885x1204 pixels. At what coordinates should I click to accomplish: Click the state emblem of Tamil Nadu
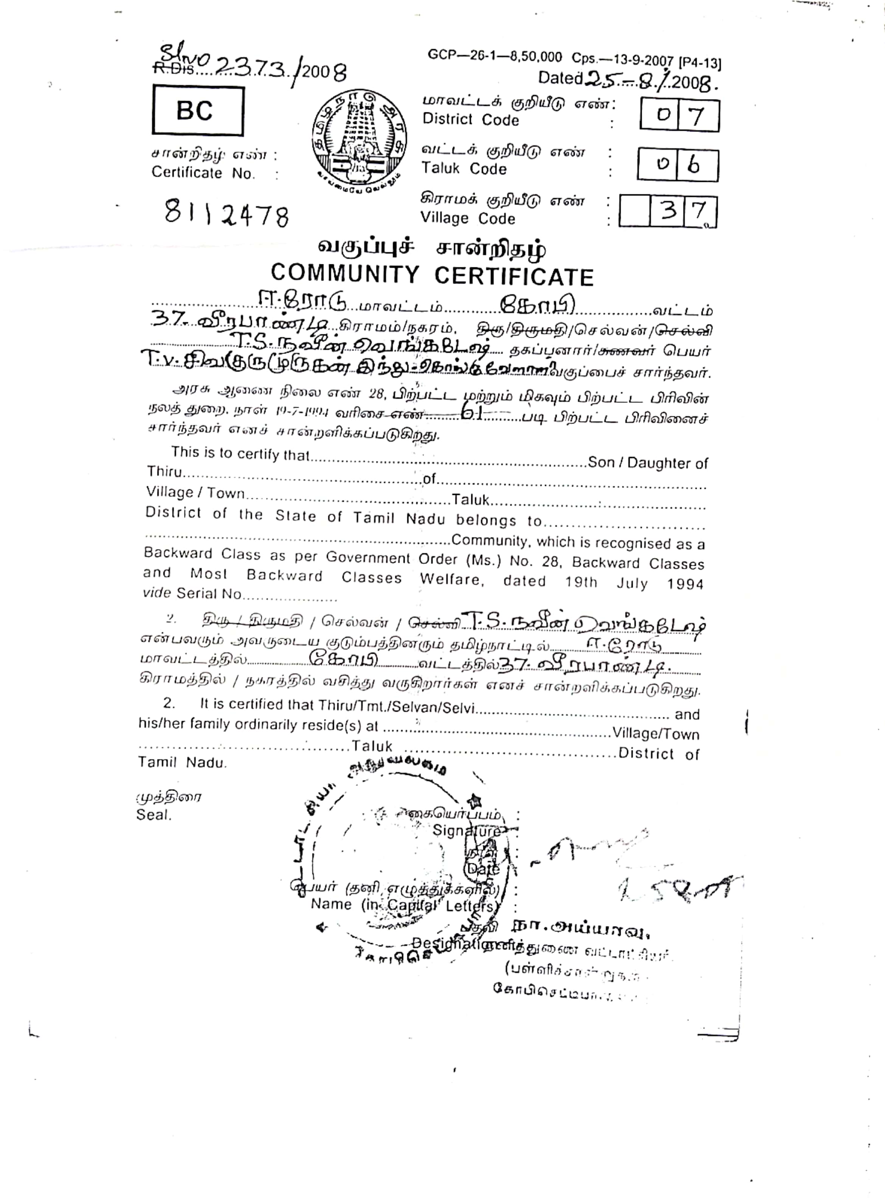tap(359, 138)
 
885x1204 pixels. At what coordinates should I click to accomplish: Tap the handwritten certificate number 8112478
tap(227, 214)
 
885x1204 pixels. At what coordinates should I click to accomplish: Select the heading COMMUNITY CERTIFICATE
tap(432, 275)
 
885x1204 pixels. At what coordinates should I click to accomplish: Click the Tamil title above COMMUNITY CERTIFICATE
tap(432, 248)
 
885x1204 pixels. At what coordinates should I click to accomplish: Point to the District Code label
tap(470, 119)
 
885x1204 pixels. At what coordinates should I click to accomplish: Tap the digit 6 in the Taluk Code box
tap(695, 165)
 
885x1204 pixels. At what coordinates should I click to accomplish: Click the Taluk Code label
tap(463, 169)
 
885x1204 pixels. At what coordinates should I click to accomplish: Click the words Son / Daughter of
tap(648, 463)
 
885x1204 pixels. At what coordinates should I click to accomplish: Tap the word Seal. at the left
tap(154, 815)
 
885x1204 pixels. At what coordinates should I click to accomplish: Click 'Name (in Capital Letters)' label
tap(404, 905)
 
